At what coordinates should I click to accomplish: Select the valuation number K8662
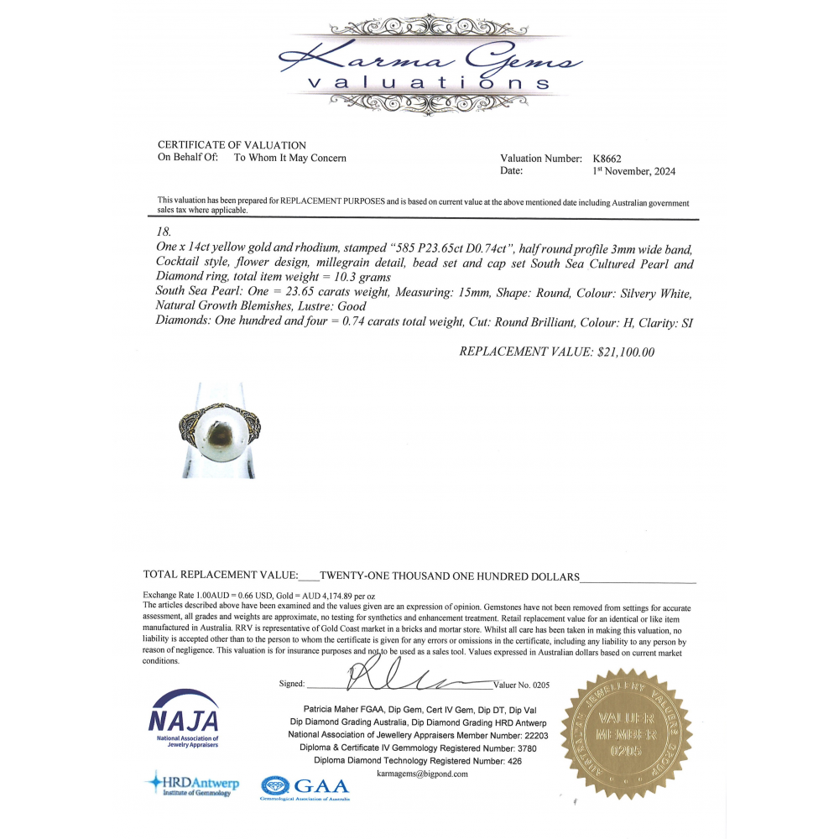point(607,159)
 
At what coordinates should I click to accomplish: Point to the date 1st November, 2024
point(633,171)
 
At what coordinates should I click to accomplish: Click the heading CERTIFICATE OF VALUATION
point(232,145)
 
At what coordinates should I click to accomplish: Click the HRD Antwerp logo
point(192,784)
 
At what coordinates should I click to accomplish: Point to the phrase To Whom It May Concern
point(289,158)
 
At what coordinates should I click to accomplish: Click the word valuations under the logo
point(429,83)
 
